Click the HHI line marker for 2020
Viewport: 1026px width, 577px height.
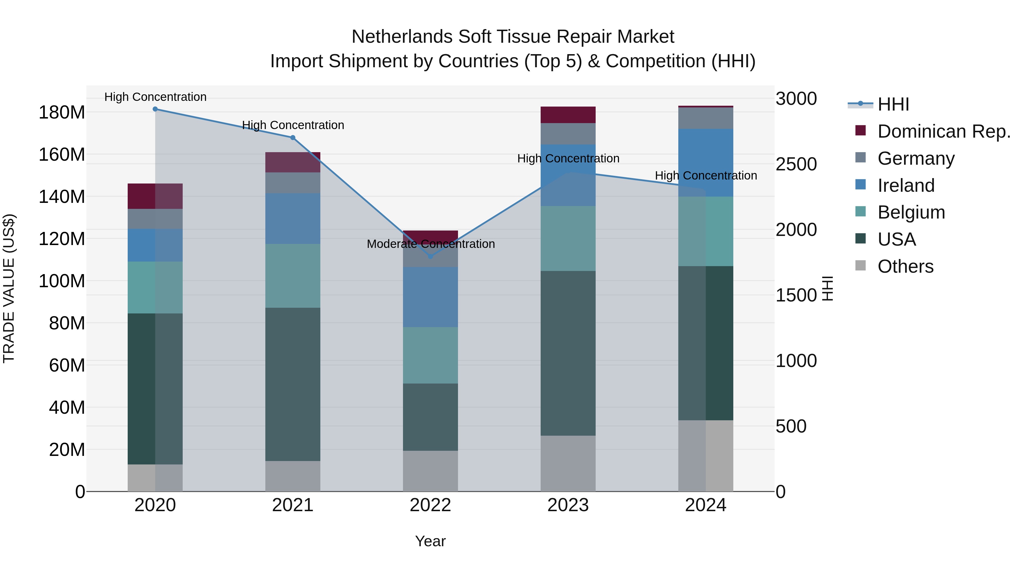[155, 109]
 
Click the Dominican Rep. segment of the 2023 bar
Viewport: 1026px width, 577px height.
[568, 115]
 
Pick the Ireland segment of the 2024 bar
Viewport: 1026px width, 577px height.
[705, 162]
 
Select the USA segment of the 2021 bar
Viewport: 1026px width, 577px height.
[293, 384]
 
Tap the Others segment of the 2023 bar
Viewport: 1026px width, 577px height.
[568, 464]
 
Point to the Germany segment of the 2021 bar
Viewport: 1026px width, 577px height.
[293, 183]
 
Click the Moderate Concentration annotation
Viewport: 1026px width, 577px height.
[431, 244]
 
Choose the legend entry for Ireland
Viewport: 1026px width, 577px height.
[905, 185]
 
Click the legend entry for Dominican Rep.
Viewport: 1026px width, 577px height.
[944, 131]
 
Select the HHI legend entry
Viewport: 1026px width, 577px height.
[893, 104]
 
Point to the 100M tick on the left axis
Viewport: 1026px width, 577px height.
[62, 281]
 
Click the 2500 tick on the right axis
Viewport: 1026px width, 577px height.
[796, 164]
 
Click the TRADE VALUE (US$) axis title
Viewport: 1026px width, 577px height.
[9, 288]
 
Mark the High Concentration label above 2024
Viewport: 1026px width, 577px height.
[706, 176]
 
